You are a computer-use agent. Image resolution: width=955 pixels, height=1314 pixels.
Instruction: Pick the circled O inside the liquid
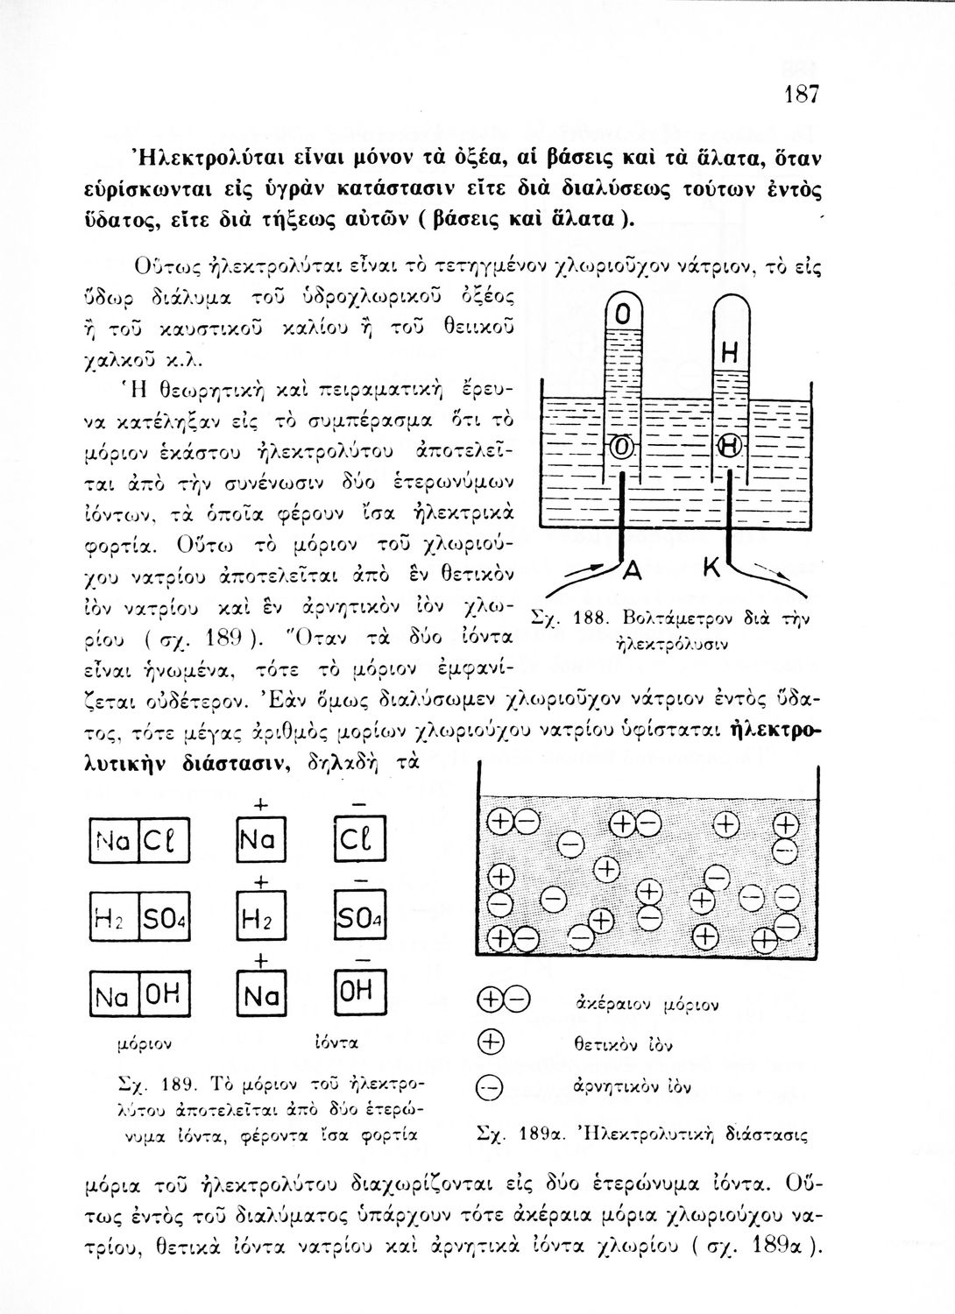(x=621, y=448)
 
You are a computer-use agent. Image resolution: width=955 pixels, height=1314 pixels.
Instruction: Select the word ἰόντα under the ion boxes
(x=337, y=1043)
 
